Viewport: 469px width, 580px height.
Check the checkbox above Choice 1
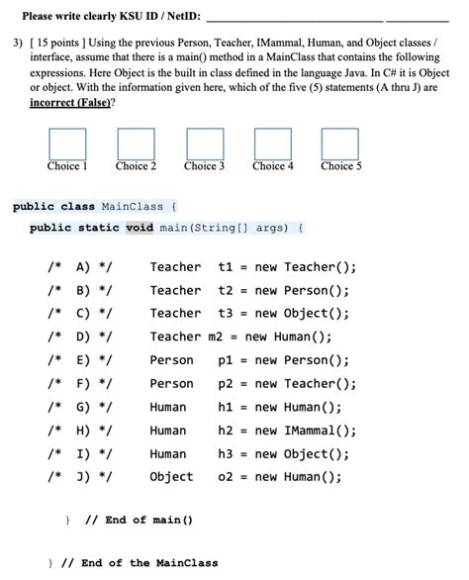[x=67, y=144]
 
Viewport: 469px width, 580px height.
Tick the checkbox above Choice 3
[x=205, y=144]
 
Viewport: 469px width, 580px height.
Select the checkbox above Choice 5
[x=341, y=144]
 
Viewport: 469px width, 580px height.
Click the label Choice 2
[x=136, y=166]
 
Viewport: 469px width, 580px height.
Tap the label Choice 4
[x=273, y=166]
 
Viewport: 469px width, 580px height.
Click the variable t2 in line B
[x=225, y=290]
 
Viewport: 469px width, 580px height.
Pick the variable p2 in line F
[x=225, y=383]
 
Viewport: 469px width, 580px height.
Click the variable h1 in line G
[x=225, y=407]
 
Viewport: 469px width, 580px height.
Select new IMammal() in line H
[x=306, y=431]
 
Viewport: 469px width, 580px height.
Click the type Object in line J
[x=171, y=477]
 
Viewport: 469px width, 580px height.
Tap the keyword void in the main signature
[x=140, y=227]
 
